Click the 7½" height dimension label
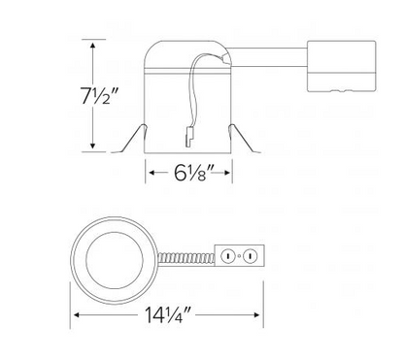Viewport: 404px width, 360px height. tap(98, 95)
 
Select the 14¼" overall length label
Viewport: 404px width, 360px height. tap(168, 314)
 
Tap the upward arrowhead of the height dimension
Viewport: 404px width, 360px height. tap(93, 46)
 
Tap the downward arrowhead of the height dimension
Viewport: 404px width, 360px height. tap(93, 146)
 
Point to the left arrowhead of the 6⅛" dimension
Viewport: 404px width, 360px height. tap(151, 173)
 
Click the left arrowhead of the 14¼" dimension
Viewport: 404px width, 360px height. tap(77, 314)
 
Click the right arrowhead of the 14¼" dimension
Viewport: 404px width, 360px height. tap(257, 314)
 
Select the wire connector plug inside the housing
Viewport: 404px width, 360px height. tap(188, 137)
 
